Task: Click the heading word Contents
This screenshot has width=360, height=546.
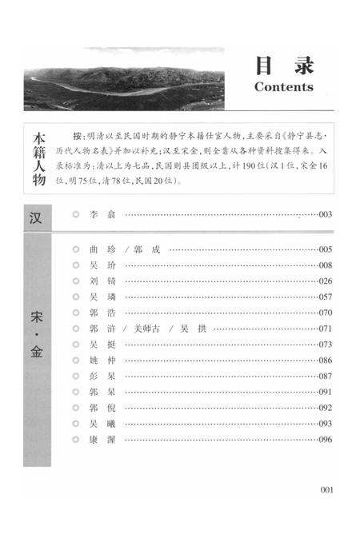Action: [x=283, y=86]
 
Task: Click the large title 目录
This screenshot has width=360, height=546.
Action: [x=285, y=64]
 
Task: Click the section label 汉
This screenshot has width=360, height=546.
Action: [x=37, y=216]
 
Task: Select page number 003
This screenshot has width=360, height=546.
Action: [x=325, y=215]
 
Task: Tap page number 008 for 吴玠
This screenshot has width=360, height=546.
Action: [x=325, y=265]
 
